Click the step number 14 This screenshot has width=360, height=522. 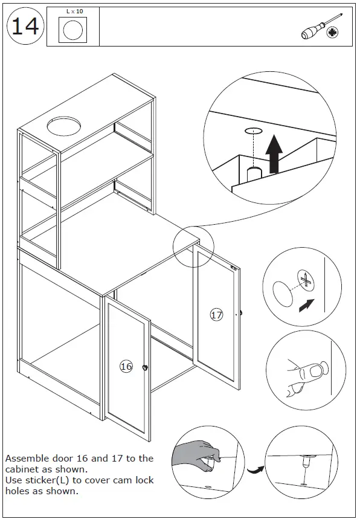25,27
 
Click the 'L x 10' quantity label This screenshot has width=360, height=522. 74,11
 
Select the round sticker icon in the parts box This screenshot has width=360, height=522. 73,30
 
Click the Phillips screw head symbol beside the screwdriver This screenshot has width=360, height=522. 332,33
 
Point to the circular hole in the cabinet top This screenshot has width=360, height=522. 62,126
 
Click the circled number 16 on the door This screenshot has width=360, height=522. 126,366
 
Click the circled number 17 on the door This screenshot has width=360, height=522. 216,315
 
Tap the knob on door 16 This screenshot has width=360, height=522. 145,367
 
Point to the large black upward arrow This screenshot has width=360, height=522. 275,153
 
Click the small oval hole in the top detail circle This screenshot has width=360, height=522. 252,130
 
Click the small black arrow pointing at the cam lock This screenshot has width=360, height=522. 307,306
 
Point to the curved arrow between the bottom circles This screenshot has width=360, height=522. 254,468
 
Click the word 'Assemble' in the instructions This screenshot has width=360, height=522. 27,459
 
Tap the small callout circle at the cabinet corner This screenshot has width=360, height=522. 193,248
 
